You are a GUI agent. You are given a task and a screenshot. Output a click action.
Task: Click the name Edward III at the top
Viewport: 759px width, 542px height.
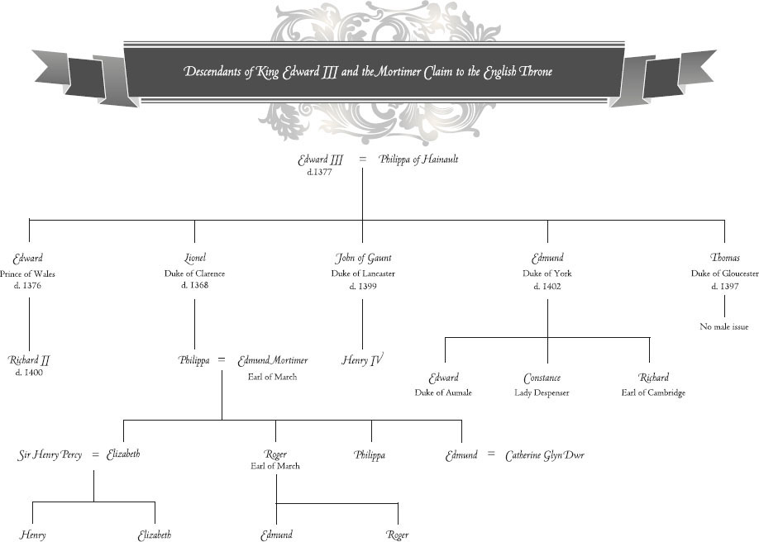320,160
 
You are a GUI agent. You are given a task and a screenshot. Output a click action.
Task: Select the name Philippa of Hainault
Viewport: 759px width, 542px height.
418,159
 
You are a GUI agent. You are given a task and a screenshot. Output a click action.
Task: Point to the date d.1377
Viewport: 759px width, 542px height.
319,173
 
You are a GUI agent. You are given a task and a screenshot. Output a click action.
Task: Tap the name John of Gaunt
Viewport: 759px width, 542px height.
363,259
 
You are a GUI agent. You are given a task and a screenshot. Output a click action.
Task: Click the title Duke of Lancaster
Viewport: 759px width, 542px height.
363,273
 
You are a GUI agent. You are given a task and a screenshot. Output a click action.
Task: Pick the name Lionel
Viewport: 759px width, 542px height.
195,259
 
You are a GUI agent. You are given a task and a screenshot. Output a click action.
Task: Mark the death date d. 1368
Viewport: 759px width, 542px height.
195,286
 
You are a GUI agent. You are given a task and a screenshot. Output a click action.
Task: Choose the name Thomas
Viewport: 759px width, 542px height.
725,259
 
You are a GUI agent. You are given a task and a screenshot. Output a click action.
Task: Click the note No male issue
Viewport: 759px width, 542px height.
724,327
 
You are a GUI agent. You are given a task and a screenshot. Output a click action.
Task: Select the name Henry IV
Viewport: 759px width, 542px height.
363,360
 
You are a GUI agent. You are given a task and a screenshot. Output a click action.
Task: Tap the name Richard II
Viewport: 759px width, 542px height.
30,360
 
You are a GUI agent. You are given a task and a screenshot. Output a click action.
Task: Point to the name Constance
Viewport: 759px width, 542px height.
542,378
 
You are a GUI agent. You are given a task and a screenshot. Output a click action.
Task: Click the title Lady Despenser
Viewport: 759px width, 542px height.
542,393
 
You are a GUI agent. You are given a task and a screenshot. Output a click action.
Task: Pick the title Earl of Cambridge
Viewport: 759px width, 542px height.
653,393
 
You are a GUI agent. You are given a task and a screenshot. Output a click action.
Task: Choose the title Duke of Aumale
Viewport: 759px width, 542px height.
443,393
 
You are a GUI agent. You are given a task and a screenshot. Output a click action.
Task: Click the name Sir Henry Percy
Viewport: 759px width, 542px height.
50,454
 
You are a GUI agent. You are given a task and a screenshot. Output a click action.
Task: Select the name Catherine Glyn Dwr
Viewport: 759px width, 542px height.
545,454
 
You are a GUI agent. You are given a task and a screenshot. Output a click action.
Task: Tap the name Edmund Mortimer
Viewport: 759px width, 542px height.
273,360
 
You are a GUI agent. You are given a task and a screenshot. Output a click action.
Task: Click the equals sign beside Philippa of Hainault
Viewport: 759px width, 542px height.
363,160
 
